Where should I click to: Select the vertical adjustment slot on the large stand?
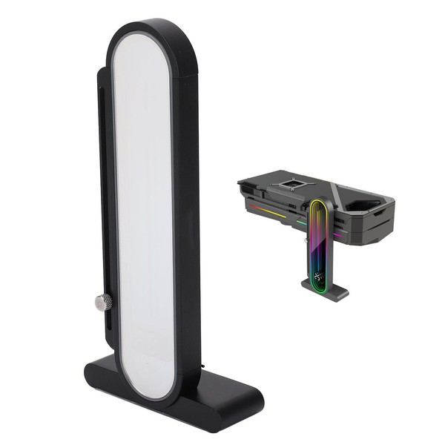click(103, 185)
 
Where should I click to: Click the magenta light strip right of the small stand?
click(337, 234)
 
